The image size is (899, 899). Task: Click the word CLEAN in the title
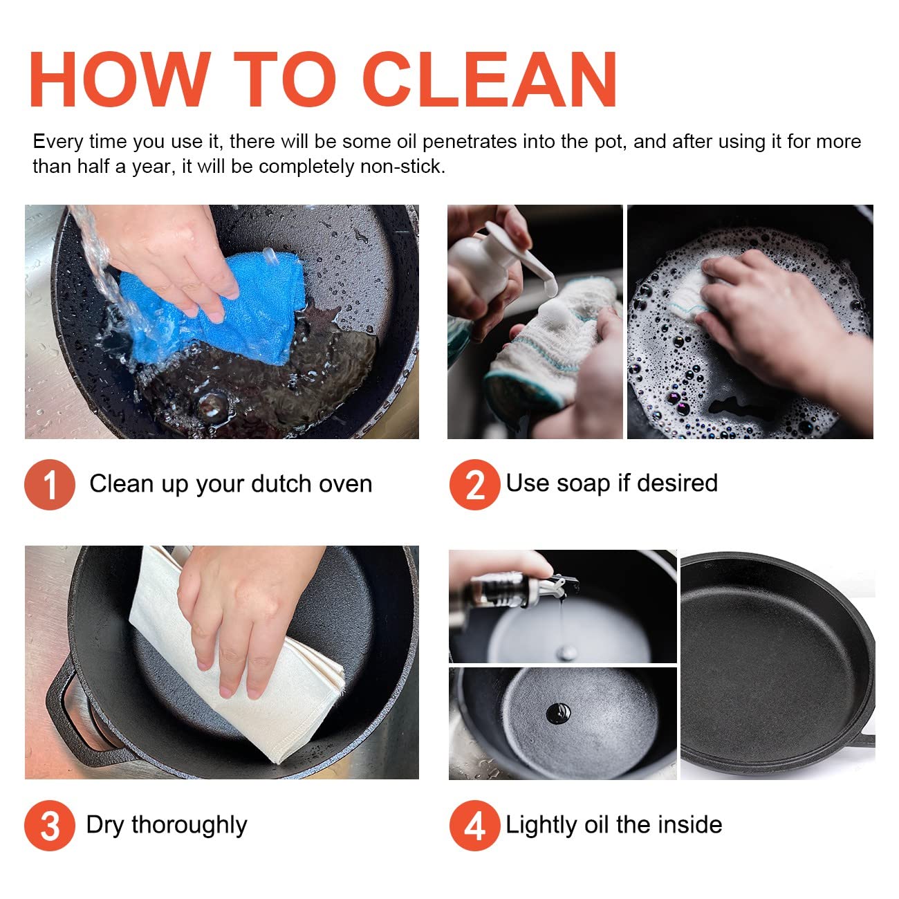pyautogui.click(x=489, y=80)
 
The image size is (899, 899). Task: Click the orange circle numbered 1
pyautogui.click(x=50, y=485)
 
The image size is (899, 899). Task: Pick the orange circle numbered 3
pyautogui.click(x=50, y=826)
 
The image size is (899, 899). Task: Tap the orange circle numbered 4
pyautogui.click(x=474, y=826)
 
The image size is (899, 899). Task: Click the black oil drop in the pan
pyautogui.click(x=558, y=713)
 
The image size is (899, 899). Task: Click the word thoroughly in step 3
pyautogui.click(x=189, y=825)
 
